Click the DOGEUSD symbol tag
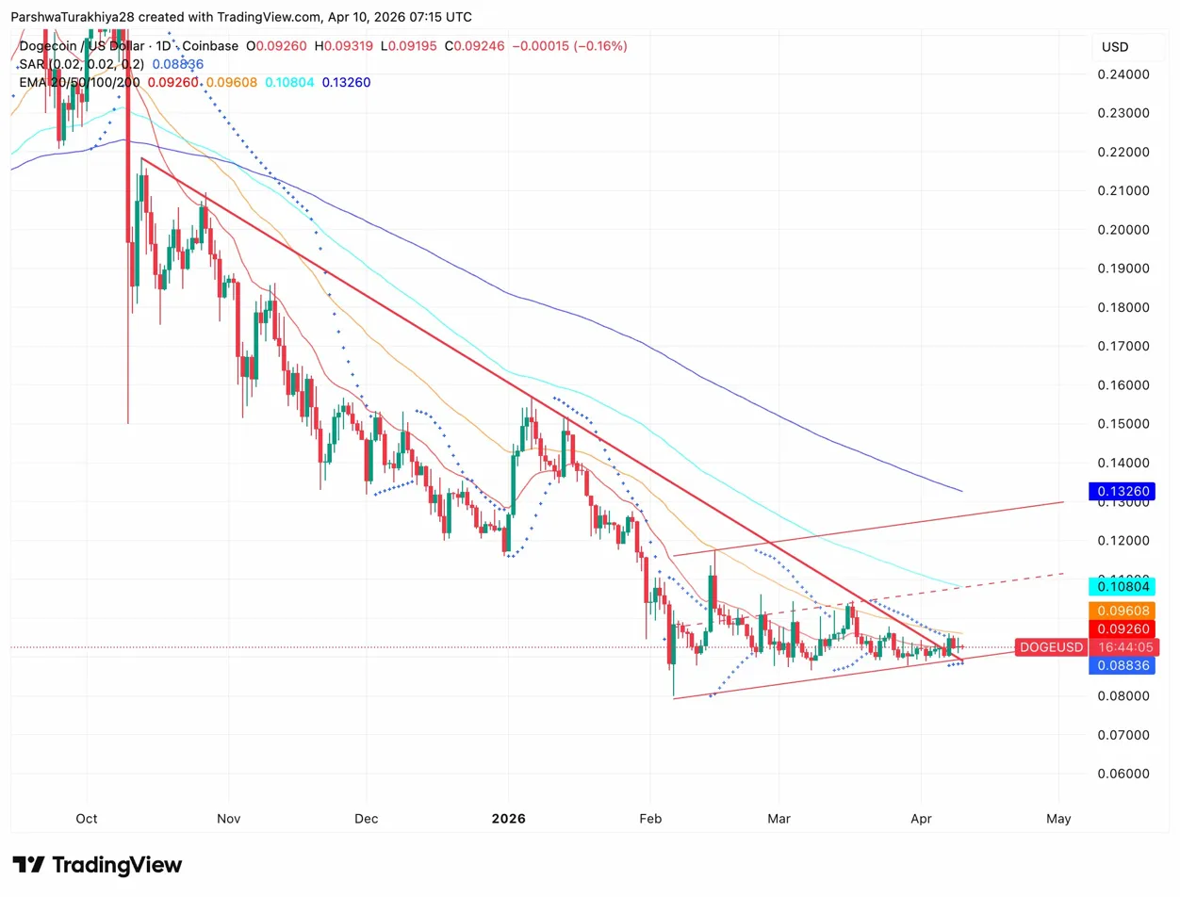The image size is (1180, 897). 1051,647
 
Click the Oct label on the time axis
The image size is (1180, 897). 87,818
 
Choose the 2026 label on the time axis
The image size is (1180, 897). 508,818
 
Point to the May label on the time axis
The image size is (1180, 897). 1058,818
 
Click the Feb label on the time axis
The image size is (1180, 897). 650,818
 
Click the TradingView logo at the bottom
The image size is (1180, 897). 97,865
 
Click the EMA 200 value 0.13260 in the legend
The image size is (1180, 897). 346,82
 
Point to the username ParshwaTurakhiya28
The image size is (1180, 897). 83,17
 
